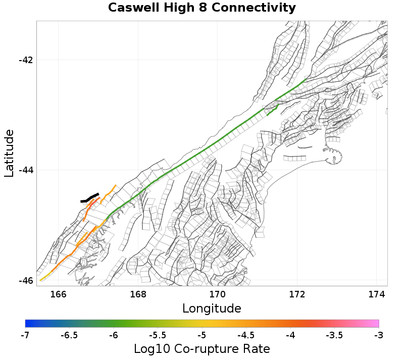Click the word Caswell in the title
pos(132,8)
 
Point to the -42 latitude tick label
pos(26,60)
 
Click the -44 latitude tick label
pos(26,170)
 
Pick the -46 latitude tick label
pos(26,280)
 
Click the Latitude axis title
pos(9,153)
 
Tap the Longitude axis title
pos(212,308)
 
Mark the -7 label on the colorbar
pos(25,335)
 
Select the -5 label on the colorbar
pos(202,335)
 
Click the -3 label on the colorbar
pos(378,335)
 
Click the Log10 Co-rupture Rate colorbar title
pos(201,349)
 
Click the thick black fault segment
pos(90,198)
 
